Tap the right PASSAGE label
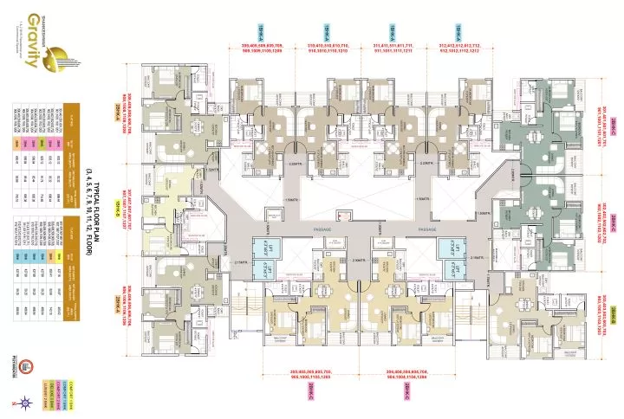click(x=427, y=229)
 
